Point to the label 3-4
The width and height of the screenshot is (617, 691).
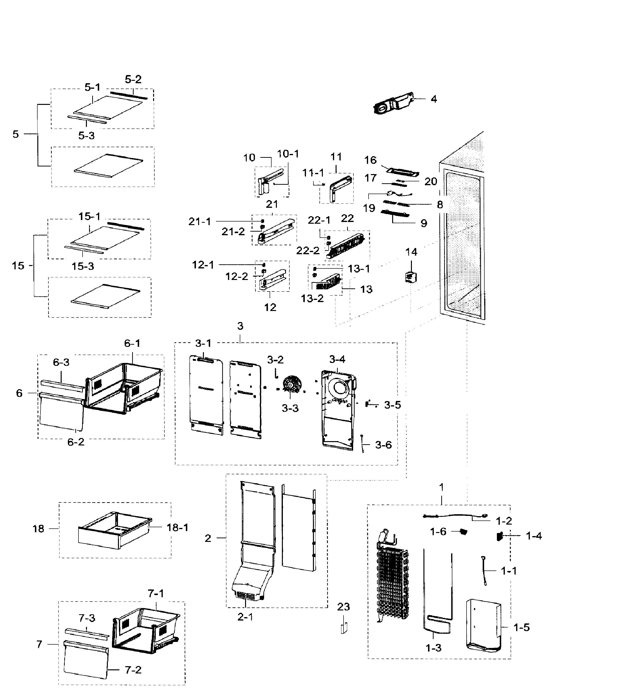pyautogui.click(x=337, y=359)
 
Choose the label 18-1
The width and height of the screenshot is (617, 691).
pyautogui.click(x=177, y=527)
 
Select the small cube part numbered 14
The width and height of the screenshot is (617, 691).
pyautogui.click(x=410, y=278)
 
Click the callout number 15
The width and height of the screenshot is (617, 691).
pyautogui.click(x=18, y=266)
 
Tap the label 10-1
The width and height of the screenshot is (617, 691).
pyautogui.click(x=288, y=154)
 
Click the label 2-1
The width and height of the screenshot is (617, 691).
pyautogui.click(x=245, y=617)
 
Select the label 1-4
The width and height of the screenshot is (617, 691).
pyautogui.click(x=534, y=536)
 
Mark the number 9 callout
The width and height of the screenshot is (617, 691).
pyautogui.click(x=424, y=223)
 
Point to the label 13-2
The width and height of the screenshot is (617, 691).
pyautogui.click(x=312, y=299)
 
